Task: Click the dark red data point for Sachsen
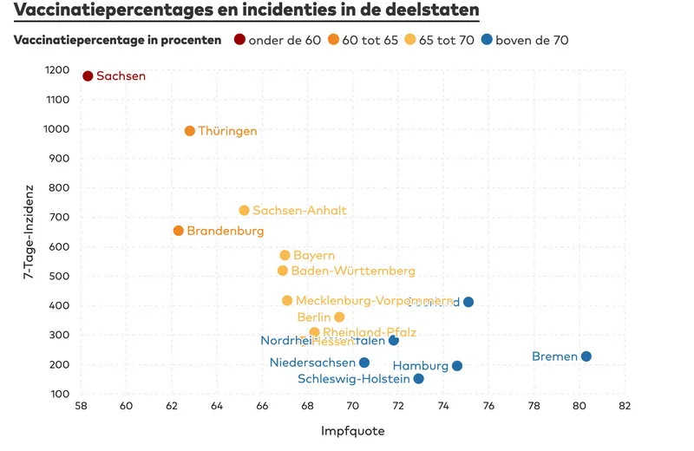click(x=88, y=76)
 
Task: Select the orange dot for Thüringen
click(x=190, y=131)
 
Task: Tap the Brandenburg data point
click(x=179, y=231)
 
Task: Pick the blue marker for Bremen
click(x=586, y=356)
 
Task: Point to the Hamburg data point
click(x=457, y=366)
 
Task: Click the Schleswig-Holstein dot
click(x=419, y=379)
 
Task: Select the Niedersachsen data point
click(x=364, y=363)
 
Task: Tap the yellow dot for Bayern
click(x=285, y=255)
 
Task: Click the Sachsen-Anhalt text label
click(x=299, y=211)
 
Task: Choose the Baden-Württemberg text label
click(x=353, y=271)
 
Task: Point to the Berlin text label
click(x=314, y=317)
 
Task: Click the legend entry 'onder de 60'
click(x=277, y=40)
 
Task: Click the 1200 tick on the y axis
click(x=58, y=70)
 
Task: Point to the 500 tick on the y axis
click(x=61, y=276)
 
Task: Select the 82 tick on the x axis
click(x=624, y=406)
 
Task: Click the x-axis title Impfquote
click(x=352, y=430)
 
